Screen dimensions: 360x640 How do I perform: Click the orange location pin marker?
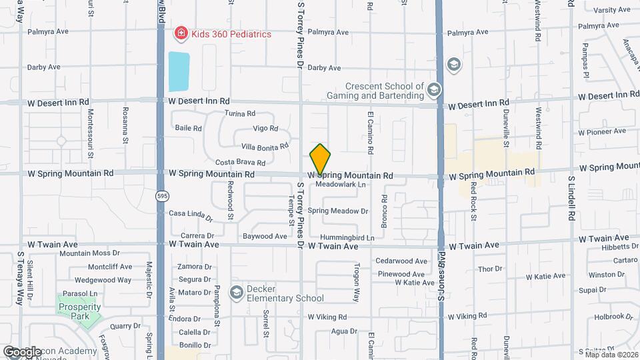[321, 159]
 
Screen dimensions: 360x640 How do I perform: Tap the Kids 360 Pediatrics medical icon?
[179, 33]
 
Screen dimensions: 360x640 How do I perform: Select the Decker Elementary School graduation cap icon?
[236, 292]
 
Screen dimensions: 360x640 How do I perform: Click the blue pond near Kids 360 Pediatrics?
[179, 71]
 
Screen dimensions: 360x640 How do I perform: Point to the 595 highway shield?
[162, 196]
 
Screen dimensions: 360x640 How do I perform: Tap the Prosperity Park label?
[79, 311]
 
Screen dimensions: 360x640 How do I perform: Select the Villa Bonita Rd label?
[265, 146]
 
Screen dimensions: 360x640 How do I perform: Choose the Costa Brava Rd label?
[240, 163]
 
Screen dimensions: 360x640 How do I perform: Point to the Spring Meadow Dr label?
[338, 211]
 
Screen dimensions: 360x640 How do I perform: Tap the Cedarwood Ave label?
[401, 261]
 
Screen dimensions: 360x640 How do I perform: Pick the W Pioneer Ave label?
[603, 132]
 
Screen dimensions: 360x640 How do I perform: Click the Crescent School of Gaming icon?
[434, 90]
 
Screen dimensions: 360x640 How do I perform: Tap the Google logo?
[22, 351]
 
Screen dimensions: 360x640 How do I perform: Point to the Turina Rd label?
[241, 114]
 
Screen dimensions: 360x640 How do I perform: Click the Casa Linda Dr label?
[191, 215]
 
